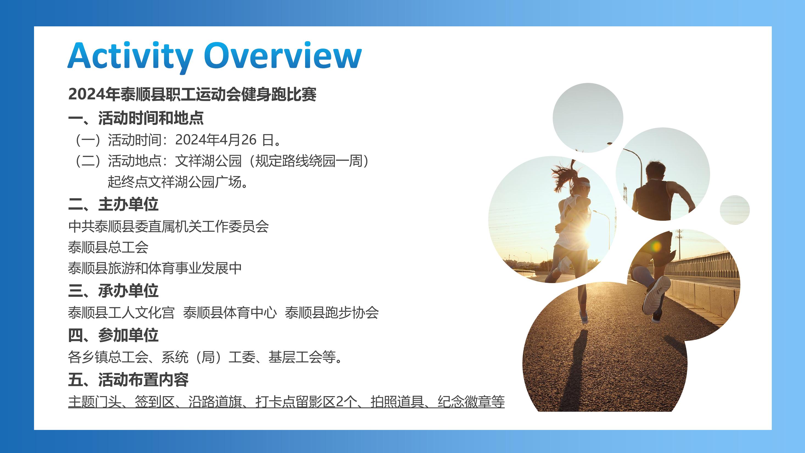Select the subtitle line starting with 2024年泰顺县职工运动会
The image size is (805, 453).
(192, 94)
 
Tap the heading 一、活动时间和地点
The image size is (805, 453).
(136, 118)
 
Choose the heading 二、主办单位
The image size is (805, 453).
(113, 204)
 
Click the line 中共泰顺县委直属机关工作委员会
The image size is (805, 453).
(168, 226)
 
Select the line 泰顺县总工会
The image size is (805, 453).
(108, 247)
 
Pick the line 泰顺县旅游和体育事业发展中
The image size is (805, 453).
(155, 268)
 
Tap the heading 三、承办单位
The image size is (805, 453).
(113, 291)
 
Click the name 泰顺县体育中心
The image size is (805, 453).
(230, 312)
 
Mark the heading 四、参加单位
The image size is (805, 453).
(113, 335)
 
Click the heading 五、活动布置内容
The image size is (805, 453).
(128, 379)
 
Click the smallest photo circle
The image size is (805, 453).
(735, 210)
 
